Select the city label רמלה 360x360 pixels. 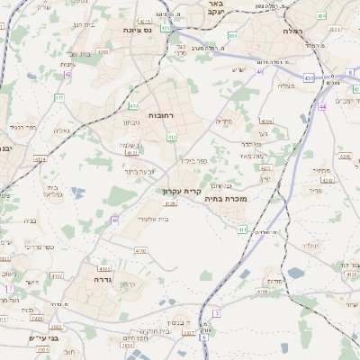point(292,31)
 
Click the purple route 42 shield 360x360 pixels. point(68,75)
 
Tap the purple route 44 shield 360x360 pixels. point(322,106)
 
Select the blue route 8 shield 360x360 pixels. point(348,72)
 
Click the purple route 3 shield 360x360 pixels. point(217,312)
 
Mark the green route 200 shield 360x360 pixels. point(232,36)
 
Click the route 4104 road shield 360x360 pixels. point(265,120)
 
